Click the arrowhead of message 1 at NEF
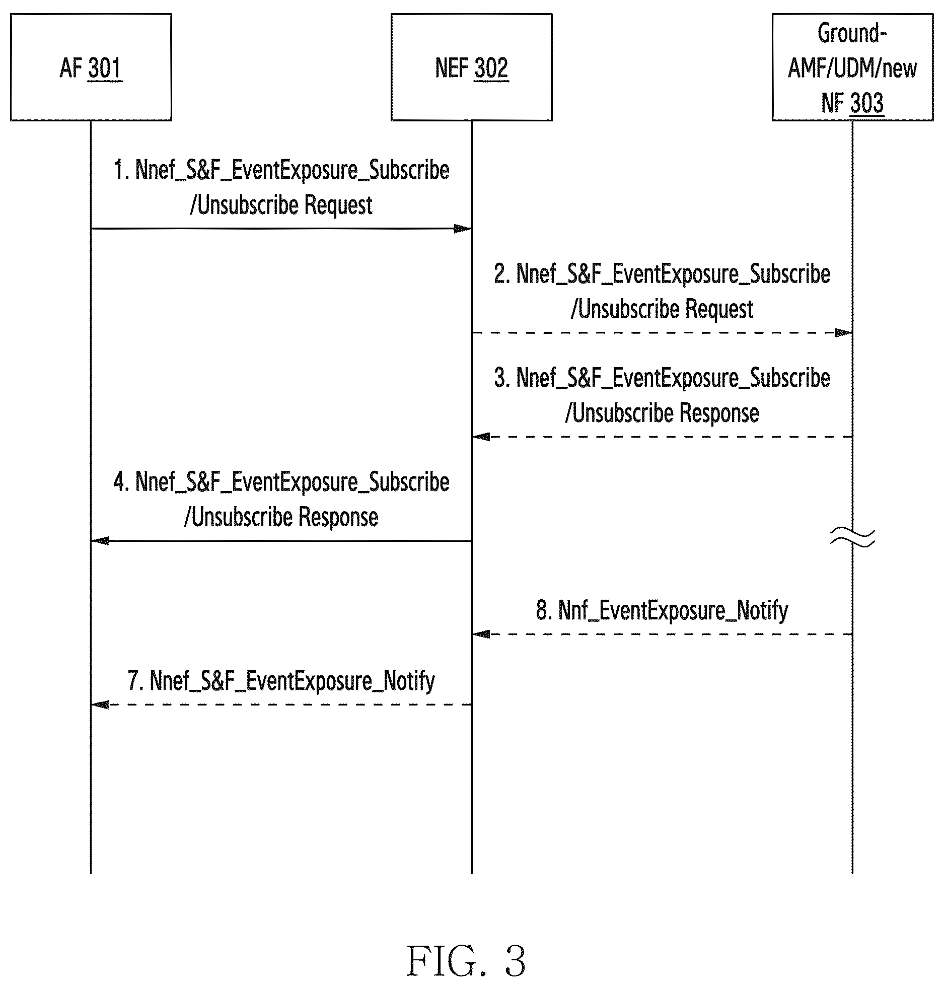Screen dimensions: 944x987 pos(463,229)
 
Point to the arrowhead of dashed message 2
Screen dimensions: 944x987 pos(843,333)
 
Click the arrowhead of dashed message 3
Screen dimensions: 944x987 pos(481,437)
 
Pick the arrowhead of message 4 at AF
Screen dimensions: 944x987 pos(100,541)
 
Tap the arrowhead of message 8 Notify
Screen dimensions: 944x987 pos(481,634)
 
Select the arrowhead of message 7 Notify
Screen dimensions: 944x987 pos(100,704)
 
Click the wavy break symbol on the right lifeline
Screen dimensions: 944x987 pos(852,537)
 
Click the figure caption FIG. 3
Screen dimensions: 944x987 pos(466,961)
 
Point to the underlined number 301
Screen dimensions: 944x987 pos(105,68)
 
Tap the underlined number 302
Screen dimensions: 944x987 pos(491,68)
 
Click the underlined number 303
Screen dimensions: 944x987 pos(866,103)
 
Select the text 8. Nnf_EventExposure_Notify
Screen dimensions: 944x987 pos(662,610)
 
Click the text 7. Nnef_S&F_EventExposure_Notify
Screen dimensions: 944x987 pos(281,681)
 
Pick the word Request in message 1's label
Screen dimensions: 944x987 pos(338,205)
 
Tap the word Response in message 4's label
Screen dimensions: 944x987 pos(338,517)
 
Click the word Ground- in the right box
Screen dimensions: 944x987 pos(852,33)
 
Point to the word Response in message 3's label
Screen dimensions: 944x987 pos(719,413)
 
